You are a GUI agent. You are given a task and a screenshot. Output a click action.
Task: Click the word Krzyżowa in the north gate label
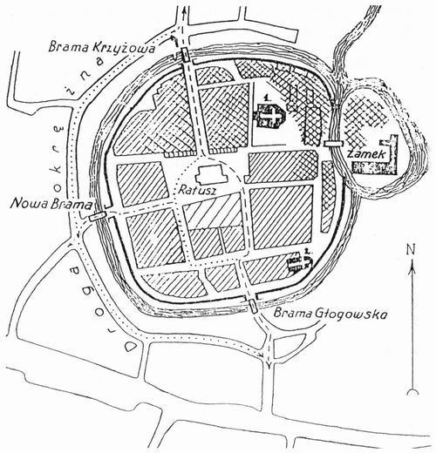[123, 48]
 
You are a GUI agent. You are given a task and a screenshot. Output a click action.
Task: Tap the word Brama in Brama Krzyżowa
[69, 46]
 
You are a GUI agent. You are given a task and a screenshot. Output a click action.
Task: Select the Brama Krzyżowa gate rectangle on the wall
[186, 54]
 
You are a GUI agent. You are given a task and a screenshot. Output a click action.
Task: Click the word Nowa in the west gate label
[29, 204]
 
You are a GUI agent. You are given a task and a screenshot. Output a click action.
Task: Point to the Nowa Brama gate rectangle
[98, 216]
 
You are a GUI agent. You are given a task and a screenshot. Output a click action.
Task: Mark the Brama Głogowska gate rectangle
[254, 306]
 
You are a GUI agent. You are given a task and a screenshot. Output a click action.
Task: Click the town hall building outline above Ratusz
[211, 173]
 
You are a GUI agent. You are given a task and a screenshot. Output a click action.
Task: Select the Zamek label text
[367, 154]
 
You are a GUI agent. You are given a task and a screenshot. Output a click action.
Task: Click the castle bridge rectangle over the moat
[334, 144]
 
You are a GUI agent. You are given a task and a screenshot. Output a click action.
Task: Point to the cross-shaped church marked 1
[270, 115]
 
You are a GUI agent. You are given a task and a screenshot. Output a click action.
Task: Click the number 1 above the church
[266, 98]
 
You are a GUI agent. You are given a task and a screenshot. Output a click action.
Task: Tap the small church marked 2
[299, 262]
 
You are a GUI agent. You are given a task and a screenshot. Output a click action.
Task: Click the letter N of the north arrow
[411, 249]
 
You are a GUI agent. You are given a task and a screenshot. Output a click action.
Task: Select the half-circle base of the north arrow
[412, 391]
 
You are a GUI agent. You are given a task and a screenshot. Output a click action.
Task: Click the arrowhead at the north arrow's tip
[412, 265]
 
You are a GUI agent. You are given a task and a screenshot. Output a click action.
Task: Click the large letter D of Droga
[130, 347]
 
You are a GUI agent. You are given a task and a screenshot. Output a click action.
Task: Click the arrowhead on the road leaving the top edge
[183, 12]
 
